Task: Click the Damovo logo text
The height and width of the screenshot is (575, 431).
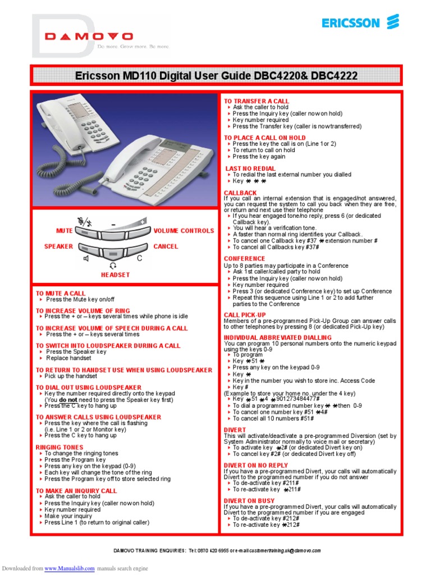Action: pyautogui.click(x=89, y=36)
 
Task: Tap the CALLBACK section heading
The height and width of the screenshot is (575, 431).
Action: pyautogui.click(x=240, y=193)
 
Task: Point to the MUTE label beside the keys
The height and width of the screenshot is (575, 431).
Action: pyautogui.click(x=65, y=231)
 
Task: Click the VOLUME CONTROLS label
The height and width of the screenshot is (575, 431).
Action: pyautogui.click(x=184, y=231)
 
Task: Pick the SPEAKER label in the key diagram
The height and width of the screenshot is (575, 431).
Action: pyautogui.click(x=59, y=247)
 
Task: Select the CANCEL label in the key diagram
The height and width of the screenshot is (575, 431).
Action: pyautogui.click(x=166, y=247)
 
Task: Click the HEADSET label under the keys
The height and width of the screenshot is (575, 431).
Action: pyautogui.click(x=116, y=275)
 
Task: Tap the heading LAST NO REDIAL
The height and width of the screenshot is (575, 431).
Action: pyautogui.click(x=250, y=168)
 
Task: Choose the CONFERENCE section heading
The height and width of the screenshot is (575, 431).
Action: pyautogui.click(x=245, y=259)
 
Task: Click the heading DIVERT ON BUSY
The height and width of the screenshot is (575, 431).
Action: pyautogui.click(x=249, y=500)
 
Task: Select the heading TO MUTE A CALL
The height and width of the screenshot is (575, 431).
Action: pyautogui.click(x=61, y=294)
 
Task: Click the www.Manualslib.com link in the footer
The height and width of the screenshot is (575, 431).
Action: pyautogui.click(x=70, y=568)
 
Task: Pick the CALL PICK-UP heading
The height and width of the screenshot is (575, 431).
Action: pyautogui.click(x=245, y=315)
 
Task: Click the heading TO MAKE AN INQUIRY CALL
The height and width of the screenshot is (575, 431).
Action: pyautogui.click(x=76, y=491)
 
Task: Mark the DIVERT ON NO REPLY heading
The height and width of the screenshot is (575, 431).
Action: pyautogui.click(x=255, y=466)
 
